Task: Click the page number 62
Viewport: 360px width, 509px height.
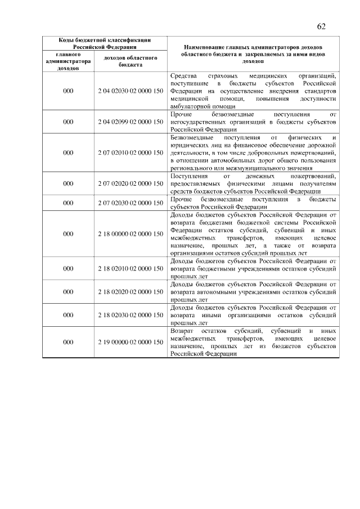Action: [322, 26]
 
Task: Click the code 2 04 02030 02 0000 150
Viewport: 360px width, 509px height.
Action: [130, 91]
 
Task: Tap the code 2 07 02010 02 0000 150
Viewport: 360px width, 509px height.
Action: [130, 152]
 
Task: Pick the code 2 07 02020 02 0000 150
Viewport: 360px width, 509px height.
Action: [130, 183]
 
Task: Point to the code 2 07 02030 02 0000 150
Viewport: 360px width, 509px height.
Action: [130, 203]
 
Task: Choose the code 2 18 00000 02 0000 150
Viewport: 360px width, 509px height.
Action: [130, 233]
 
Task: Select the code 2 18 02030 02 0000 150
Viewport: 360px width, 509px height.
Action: [130, 316]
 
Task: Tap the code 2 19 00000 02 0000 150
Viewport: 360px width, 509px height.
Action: [130, 342]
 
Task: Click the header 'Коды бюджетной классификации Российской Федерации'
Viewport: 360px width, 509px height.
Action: [105, 44]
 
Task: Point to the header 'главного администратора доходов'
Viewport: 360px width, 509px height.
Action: [68, 61]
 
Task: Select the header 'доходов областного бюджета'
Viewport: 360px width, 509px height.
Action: [130, 61]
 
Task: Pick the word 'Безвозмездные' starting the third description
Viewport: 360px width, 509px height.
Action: [191, 137]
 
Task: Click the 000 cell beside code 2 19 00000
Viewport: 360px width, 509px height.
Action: [68, 342]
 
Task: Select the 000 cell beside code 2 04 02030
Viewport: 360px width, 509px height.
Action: [68, 91]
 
